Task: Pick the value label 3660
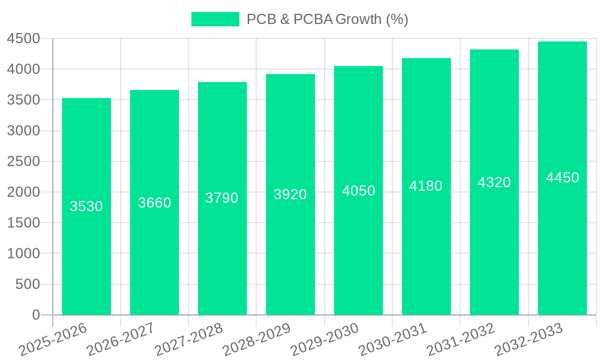point(155,203)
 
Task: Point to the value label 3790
point(222,198)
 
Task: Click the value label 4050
point(359,191)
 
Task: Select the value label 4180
point(426,186)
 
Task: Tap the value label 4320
point(494,182)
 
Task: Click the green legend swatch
point(215,19)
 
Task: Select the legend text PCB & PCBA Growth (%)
point(328,19)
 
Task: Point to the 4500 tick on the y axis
point(23,39)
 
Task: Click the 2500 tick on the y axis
point(23,161)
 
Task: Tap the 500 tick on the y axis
point(28,284)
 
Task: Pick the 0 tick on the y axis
point(36,315)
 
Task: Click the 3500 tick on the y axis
point(23,100)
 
